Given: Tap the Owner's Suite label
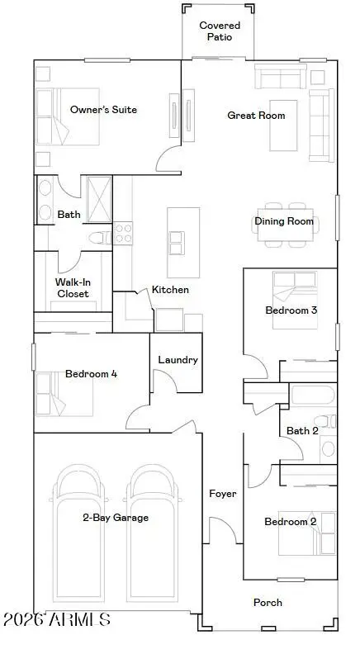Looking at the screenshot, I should [x=103, y=110].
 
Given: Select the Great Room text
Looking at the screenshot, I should [x=256, y=116].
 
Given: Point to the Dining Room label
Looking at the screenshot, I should [x=284, y=221].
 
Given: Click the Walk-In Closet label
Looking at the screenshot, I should [x=72, y=287].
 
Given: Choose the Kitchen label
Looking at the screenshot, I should [x=170, y=290].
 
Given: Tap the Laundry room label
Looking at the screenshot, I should [x=178, y=360].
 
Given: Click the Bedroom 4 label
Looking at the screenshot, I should [x=91, y=374].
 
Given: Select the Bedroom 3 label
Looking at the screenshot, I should [x=291, y=310].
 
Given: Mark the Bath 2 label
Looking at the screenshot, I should [x=302, y=430].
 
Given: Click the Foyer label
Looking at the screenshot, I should [x=223, y=494].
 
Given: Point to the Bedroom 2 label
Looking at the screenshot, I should [x=290, y=522].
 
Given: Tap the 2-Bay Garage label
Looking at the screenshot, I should [x=115, y=518].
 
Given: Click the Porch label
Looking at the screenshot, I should [x=267, y=603].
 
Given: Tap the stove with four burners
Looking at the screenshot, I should [x=123, y=234].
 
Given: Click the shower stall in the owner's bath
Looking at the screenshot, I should [x=99, y=198].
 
